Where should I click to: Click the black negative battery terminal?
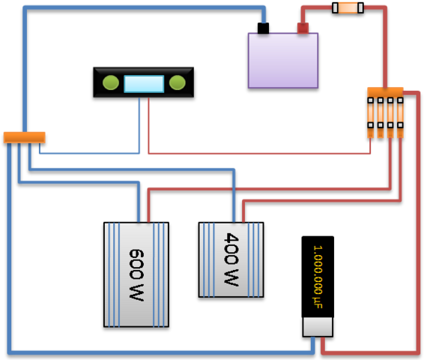[x=263, y=28]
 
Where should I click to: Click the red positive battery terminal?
[x=303, y=28]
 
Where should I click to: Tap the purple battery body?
[x=283, y=61]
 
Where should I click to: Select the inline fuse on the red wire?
[x=348, y=7]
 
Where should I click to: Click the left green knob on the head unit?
[x=111, y=82]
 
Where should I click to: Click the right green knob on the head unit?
[x=177, y=82]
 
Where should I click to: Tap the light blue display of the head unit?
[x=144, y=84]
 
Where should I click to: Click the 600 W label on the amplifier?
[x=136, y=274]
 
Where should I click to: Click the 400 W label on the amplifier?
[x=231, y=259]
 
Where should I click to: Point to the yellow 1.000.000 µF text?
[x=318, y=277]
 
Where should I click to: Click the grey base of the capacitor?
[x=318, y=327]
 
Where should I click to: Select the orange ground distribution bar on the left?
[x=24, y=137]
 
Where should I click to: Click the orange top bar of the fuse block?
[x=385, y=92]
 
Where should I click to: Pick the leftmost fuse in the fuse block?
[x=371, y=118]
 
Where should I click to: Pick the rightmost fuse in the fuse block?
[x=400, y=118]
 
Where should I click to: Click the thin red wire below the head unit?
[x=259, y=154]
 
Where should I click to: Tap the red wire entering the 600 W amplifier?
[x=270, y=189]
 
